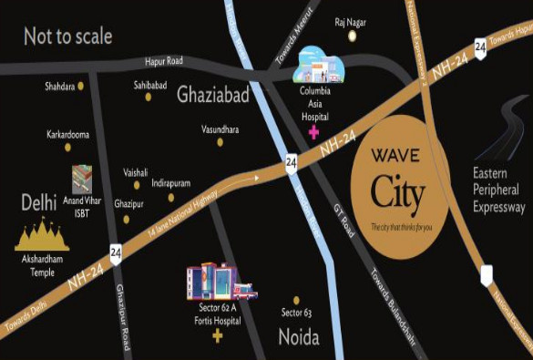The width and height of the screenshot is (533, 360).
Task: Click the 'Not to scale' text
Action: [68, 36]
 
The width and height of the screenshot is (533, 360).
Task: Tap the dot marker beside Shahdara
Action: [80, 86]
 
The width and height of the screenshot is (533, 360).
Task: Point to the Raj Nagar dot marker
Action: [352, 36]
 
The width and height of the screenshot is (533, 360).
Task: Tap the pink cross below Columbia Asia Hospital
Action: [314, 133]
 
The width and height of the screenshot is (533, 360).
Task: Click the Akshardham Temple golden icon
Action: [42, 238]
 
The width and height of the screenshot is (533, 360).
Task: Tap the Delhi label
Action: [39, 201]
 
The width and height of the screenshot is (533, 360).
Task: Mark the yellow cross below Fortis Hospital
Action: [217, 337]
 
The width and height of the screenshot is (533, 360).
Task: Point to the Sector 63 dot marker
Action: [296, 300]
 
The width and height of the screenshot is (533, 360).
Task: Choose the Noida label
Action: [298, 337]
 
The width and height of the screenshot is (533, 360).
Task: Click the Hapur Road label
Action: [165, 61]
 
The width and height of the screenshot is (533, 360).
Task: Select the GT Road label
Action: [348, 218]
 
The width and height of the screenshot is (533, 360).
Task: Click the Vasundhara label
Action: [220, 130]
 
